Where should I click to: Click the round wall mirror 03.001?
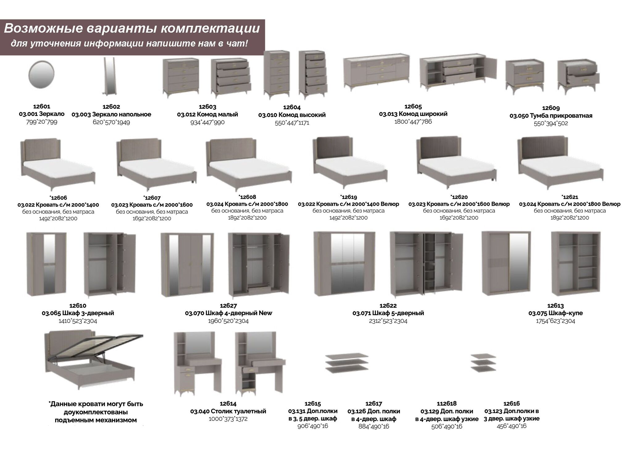(41, 75)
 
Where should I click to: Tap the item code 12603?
(207, 107)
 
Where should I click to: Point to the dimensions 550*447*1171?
(292, 123)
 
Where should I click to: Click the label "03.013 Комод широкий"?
(413, 114)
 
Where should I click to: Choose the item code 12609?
(551, 108)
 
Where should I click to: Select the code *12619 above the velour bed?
(348, 197)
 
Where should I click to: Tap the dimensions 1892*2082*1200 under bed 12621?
(570, 218)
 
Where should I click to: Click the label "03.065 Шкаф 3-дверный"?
(78, 313)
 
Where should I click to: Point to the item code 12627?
(228, 306)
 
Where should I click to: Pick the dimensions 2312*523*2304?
(388, 321)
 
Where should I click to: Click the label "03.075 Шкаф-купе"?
(555, 313)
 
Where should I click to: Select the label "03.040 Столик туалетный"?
(228, 411)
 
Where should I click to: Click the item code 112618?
(447, 404)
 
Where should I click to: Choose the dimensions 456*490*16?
(512, 426)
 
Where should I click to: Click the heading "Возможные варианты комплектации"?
(132, 29)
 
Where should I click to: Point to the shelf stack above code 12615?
(347, 363)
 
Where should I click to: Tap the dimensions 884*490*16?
(374, 426)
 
